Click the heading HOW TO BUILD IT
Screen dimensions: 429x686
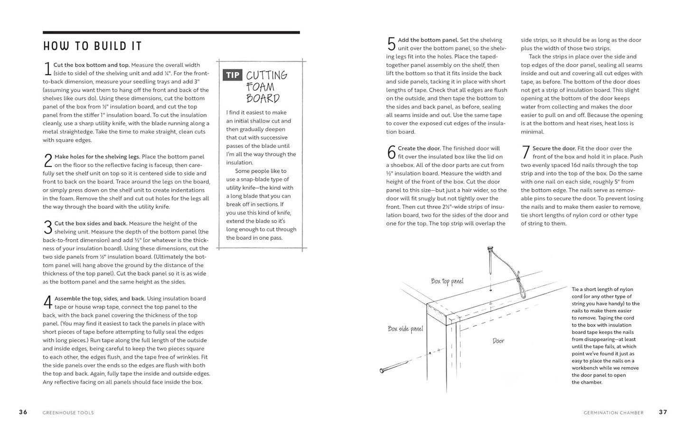(x=92, y=46)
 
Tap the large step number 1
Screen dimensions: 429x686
(x=47, y=69)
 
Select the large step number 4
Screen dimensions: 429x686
(x=47, y=302)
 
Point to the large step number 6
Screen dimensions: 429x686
(x=391, y=152)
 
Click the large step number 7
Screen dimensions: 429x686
(x=526, y=152)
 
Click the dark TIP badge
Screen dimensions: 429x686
(x=233, y=75)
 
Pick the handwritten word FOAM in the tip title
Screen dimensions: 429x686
(x=260, y=87)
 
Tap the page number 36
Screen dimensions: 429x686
(x=23, y=412)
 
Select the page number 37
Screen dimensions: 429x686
(x=663, y=412)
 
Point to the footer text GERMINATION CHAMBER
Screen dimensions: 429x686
(x=613, y=413)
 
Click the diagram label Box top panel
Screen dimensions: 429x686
(x=447, y=281)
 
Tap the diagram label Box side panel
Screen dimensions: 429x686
(x=405, y=328)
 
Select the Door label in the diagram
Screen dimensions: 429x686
(x=498, y=341)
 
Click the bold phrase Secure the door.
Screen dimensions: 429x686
(x=554, y=149)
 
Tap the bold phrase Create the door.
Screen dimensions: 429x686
(x=419, y=149)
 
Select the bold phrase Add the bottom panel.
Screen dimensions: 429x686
(x=428, y=40)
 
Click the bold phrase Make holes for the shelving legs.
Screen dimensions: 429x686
(x=97, y=157)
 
